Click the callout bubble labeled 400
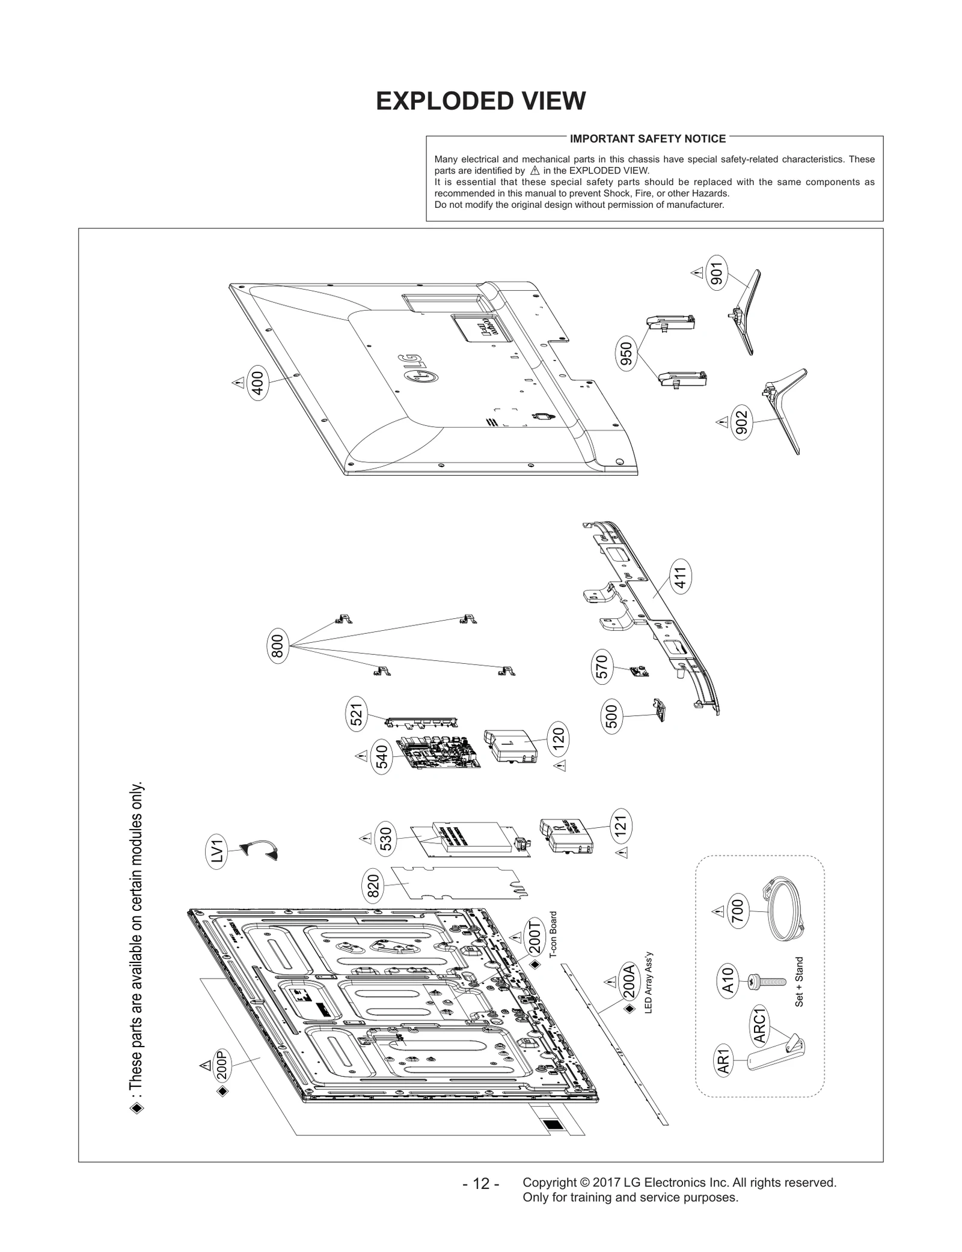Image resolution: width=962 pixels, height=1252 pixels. click(x=257, y=384)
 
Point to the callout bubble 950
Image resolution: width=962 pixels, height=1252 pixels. click(x=626, y=355)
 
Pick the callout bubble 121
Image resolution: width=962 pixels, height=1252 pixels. click(x=621, y=826)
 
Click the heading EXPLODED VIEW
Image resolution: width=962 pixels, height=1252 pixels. click(x=480, y=101)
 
